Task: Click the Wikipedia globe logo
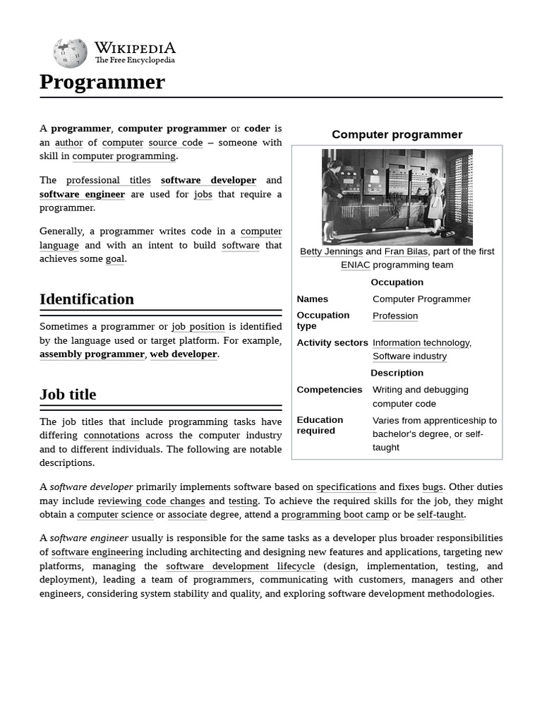(70, 53)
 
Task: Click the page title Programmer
(102, 83)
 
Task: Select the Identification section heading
(87, 299)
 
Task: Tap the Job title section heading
(68, 395)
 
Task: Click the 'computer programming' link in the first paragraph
(124, 156)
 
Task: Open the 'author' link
(68, 143)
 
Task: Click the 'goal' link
(115, 259)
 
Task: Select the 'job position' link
(198, 327)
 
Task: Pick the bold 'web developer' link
(183, 354)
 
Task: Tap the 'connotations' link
(112, 436)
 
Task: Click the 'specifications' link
(346, 487)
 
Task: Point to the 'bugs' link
(433, 487)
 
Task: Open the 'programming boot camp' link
(335, 515)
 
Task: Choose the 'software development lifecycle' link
(241, 566)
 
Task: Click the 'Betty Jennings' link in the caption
(331, 251)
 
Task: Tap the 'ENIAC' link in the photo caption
(355, 265)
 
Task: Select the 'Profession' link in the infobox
(395, 316)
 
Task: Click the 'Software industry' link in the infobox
(409, 357)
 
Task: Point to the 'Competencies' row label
(330, 390)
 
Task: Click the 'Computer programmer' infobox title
(397, 135)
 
